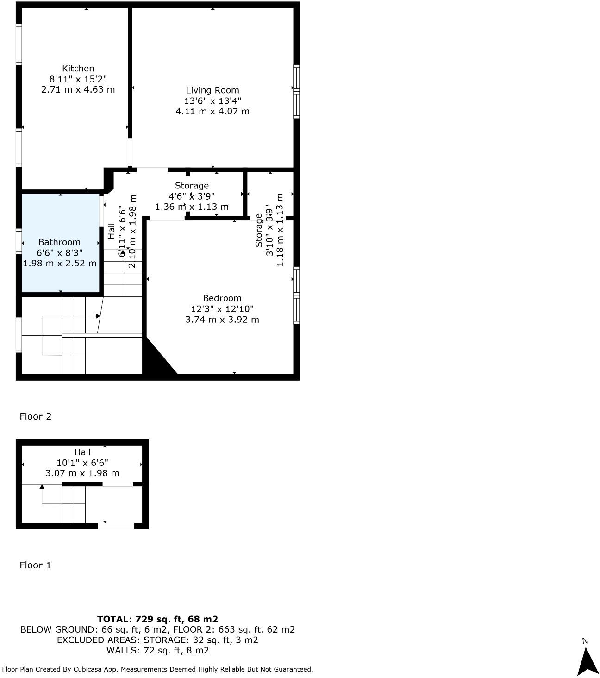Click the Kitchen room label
coord(78,69)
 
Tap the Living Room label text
coord(212,90)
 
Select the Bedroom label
coord(222,298)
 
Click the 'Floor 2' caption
coord(35,416)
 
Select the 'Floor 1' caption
coord(35,565)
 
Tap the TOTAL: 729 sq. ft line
coord(157,619)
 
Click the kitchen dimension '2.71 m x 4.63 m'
coord(78,89)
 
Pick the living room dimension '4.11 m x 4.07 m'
coord(212,111)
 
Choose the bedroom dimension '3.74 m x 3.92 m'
coord(222,320)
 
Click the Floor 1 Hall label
coord(82,452)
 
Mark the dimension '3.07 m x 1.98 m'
coord(82,473)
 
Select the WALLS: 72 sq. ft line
coord(157,650)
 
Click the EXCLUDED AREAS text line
coord(157,640)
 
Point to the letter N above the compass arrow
coord(585,641)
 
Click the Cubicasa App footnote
coord(157,669)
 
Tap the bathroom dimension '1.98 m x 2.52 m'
coord(60,263)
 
